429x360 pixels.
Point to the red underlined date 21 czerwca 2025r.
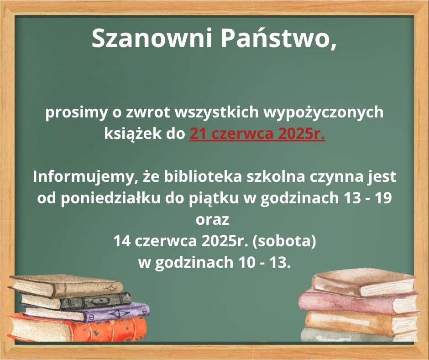(257, 134)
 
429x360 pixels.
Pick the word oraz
(212, 220)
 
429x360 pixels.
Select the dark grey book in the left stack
(77, 301)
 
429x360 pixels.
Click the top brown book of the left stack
(66, 286)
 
